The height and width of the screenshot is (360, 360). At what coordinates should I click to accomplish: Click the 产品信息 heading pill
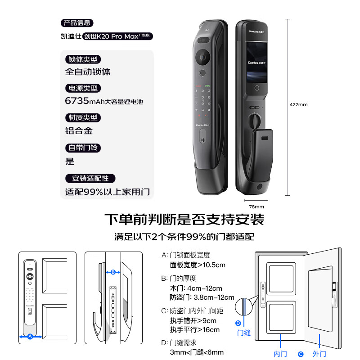tap(77, 23)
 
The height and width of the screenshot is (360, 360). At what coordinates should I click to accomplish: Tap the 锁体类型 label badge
tap(83, 59)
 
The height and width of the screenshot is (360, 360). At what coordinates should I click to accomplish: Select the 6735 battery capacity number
tap(78, 101)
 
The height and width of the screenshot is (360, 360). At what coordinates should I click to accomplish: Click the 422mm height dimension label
tap(299, 104)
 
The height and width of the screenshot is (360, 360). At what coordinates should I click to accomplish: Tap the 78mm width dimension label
tap(256, 207)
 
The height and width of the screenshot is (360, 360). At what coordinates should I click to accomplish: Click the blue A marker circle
tap(30, 336)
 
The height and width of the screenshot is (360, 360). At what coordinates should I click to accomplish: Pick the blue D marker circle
tap(238, 323)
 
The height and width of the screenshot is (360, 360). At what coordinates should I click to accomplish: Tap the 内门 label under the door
tap(280, 354)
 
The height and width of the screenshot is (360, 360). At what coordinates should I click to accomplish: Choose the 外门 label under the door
tap(319, 354)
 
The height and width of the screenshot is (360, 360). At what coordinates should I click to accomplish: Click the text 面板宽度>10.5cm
tap(198, 265)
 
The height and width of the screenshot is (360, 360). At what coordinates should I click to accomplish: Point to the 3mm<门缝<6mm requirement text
tap(197, 352)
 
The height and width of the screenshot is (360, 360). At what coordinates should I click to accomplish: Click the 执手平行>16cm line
tap(194, 330)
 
